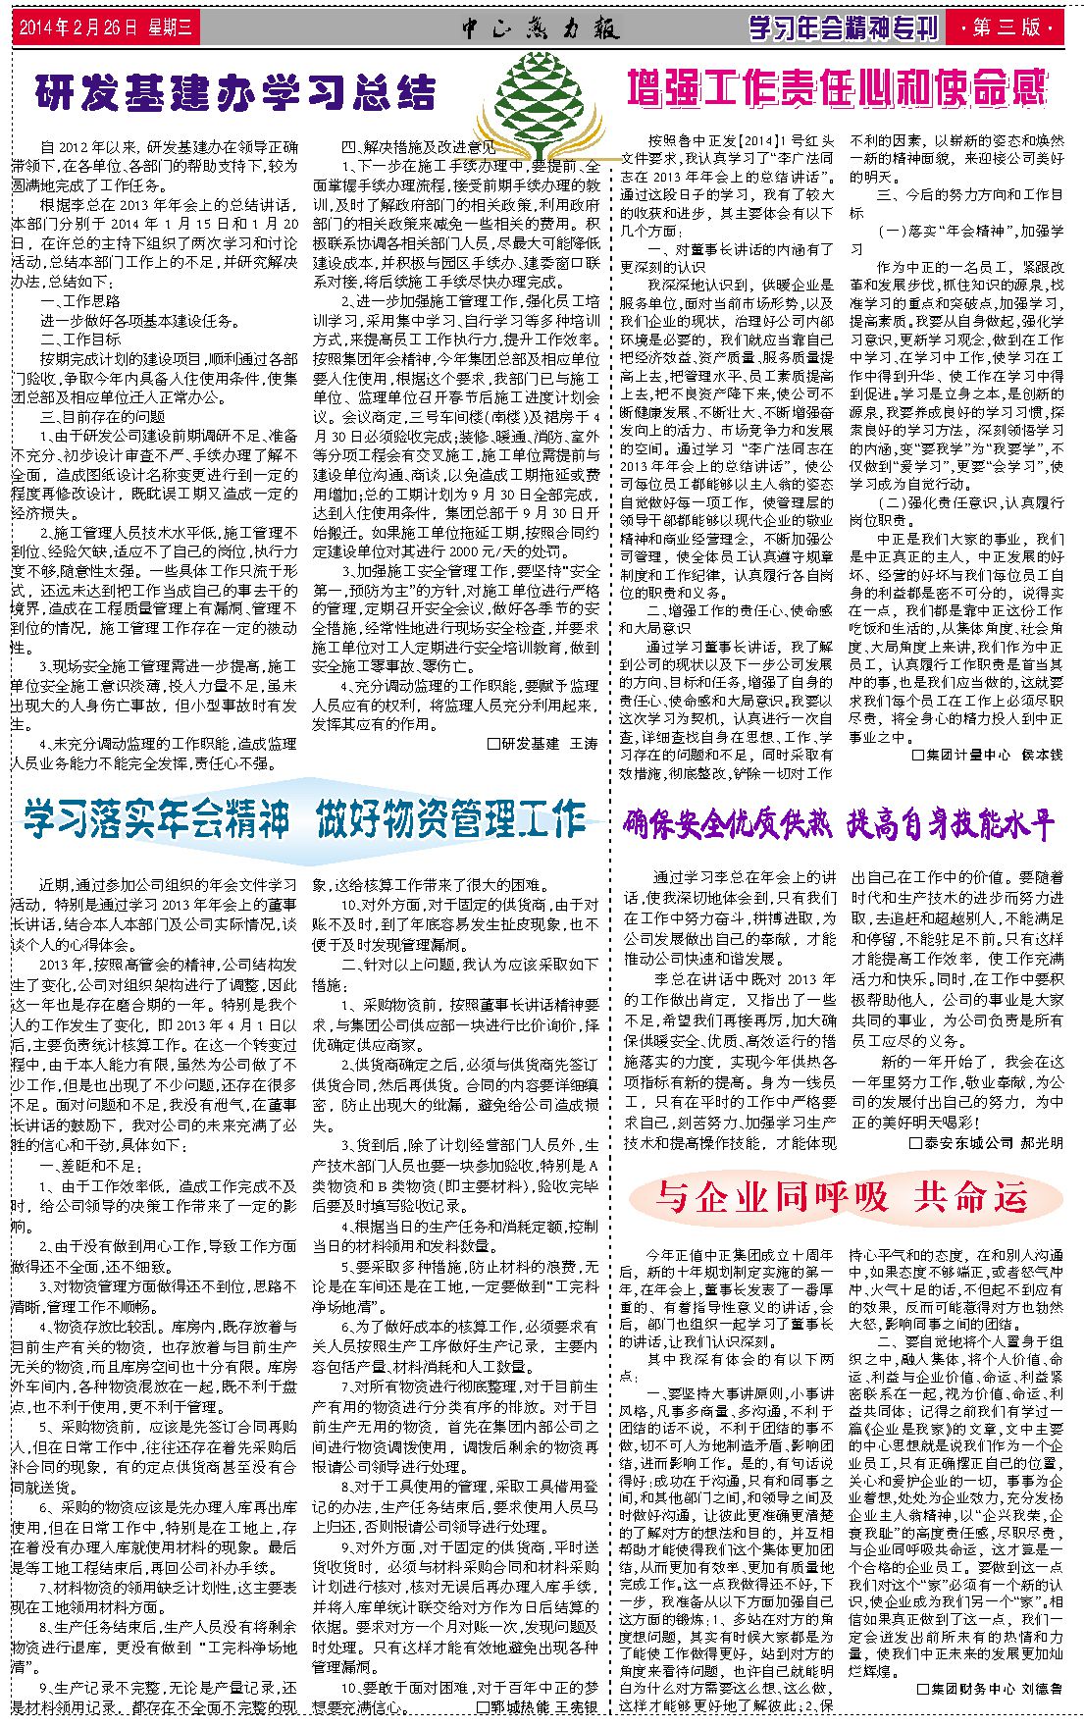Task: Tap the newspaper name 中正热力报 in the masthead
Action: click(541, 28)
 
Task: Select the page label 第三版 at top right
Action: click(1009, 27)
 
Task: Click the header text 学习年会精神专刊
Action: click(843, 27)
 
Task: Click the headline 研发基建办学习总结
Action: click(235, 92)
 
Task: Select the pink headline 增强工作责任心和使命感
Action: click(837, 87)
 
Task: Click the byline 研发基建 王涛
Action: click(542, 744)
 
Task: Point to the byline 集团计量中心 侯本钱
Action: click(988, 755)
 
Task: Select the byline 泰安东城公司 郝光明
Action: click(986, 1143)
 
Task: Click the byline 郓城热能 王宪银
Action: click(537, 1707)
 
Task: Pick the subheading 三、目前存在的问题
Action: click(103, 416)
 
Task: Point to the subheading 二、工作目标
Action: click(80, 340)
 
